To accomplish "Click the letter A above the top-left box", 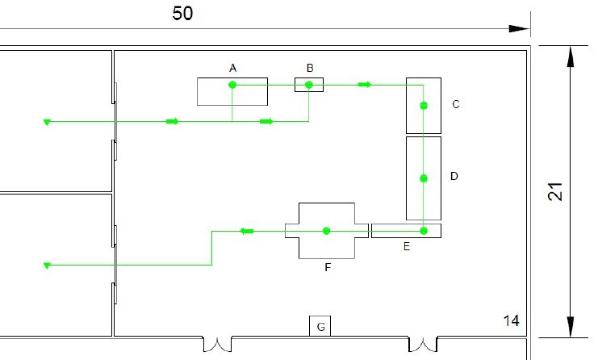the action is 232,69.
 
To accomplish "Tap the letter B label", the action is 310,68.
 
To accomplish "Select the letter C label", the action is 456,104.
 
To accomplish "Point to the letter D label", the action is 454,176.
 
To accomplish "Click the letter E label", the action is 407,246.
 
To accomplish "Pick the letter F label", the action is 328,267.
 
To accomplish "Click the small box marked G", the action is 320,326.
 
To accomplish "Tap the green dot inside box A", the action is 232,85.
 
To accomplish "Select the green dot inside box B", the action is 309,85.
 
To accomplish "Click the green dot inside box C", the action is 424,106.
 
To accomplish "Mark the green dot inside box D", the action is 424,178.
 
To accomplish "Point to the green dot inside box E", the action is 424,231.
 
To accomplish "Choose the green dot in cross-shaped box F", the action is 326,231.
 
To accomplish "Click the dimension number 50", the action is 182,14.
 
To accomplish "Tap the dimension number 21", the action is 555,192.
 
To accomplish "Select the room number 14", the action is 511,320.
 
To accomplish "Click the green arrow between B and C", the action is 365,85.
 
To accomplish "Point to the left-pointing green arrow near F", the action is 247,231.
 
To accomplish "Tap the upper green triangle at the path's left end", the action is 47,122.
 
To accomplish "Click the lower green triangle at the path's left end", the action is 47,266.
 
